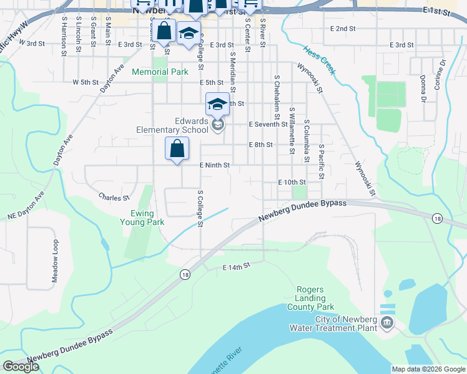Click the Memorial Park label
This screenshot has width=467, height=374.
point(160,72)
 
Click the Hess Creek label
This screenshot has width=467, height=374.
point(319,60)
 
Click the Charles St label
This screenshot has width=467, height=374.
point(114,198)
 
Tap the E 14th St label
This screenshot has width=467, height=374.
point(237,266)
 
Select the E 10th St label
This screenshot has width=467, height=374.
point(290,182)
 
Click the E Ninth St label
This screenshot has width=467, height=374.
point(215,165)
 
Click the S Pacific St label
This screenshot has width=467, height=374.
point(321,161)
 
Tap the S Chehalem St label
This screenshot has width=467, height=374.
point(277,98)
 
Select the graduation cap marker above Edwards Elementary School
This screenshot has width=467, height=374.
point(217,103)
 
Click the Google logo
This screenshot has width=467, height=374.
point(21,367)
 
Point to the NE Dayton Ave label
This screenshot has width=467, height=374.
point(25,207)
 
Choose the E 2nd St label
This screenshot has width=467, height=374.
point(342,29)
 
